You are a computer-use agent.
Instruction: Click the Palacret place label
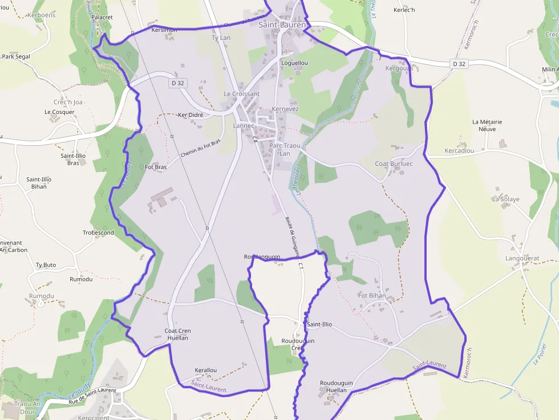[102, 18]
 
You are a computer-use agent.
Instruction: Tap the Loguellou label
[294, 63]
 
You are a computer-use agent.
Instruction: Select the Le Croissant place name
[241, 94]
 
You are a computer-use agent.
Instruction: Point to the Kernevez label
[285, 109]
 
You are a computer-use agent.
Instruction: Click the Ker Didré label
[191, 115]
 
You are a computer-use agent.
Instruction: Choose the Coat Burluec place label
[393, 164]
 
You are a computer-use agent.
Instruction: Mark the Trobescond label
[98, 233]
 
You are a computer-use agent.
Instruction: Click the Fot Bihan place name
[371, 296]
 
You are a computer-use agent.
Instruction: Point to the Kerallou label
[205, 370]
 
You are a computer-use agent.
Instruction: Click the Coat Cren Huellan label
[177, 335]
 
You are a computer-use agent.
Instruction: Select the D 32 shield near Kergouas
[459, 64]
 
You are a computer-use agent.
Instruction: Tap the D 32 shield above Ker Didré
[178, 83]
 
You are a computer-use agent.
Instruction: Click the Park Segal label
[16, 56]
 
